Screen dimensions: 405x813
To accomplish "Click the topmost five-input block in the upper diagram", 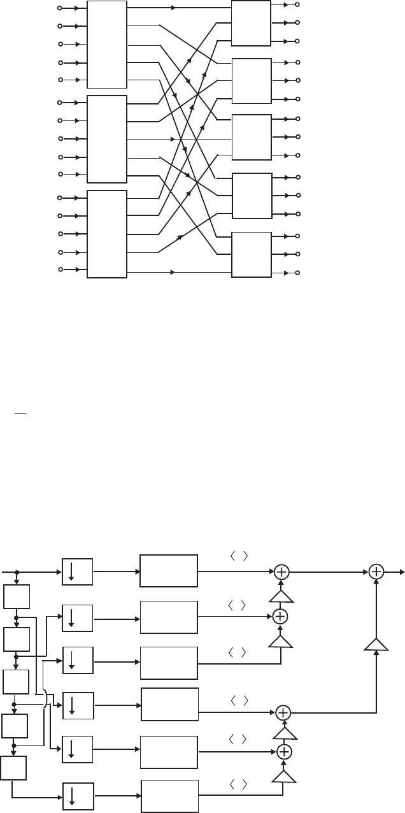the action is tap(106, 45).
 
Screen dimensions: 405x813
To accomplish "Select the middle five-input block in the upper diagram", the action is tap(106, 140).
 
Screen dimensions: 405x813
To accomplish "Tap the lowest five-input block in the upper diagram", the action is tap(106, 234).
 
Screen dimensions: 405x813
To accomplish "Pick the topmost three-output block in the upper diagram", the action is tap(252, 24).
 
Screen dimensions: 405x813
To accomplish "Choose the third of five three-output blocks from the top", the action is tap(252, 138).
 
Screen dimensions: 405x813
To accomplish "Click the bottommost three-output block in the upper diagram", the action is tap(252, 255).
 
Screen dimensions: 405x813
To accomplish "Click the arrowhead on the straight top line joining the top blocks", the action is tap(174, 8).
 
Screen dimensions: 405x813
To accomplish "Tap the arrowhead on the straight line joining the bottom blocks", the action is tap(173, 273).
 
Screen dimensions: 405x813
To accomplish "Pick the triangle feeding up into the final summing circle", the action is tap(376, 645).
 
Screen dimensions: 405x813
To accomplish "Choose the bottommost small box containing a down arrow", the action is tap(78, 796).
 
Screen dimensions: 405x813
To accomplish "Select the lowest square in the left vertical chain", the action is tap(14, 769).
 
